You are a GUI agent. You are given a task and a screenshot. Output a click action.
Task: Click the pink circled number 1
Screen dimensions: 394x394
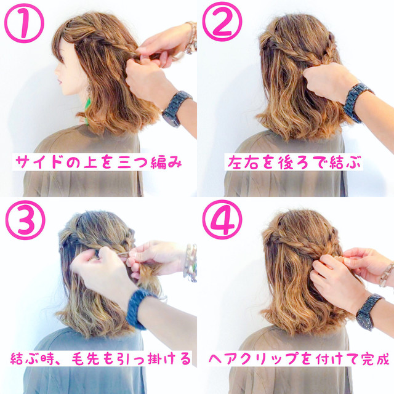pos(25,23)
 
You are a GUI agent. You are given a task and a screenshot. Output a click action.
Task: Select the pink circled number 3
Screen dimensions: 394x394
pos(25,220)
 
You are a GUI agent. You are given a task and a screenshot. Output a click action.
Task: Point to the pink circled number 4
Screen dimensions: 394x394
pos(222,220)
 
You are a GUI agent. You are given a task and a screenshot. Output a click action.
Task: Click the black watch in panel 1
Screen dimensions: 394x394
pos(176,108)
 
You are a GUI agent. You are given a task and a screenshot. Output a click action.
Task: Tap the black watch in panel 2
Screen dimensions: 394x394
pos(357,102)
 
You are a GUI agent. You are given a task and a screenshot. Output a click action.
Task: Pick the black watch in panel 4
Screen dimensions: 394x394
pos(368,312)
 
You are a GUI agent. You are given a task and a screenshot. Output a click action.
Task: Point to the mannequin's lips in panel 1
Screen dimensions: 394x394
pos(60,82)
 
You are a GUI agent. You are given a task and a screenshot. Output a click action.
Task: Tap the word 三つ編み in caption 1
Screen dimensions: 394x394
pos(150,163)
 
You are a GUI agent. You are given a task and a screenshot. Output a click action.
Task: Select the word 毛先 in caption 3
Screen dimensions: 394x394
pos(87,358)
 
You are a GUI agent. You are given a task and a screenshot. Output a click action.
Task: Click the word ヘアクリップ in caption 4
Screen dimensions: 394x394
pos(254,358)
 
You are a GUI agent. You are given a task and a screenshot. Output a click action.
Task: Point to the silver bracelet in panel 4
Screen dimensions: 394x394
pos(386,275)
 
